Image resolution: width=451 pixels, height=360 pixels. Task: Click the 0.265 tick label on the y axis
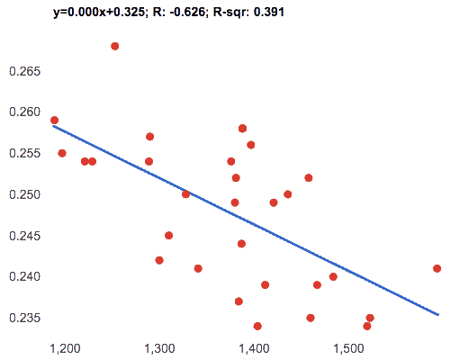[x=24, y=71]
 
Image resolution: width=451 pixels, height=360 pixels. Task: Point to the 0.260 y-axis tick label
[x=24, y=112]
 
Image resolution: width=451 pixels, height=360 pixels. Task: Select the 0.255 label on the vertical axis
[x=24, y=153]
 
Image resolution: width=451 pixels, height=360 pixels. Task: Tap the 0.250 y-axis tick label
[x=24, y=194]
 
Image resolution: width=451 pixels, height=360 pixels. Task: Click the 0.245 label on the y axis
[x=24, y=236]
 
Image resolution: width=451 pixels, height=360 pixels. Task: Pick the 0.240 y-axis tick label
[x=24, y=276]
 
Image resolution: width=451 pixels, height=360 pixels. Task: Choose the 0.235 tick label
[x=24, y=318]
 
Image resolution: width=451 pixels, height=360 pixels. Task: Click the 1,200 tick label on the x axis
[x=65, y=349]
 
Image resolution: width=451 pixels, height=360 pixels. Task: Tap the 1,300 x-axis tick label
[x=159, y=349]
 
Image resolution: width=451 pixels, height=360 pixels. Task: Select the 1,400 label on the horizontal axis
[x=254, y=349]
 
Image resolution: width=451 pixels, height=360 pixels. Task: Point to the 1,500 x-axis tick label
[x=348, y=349]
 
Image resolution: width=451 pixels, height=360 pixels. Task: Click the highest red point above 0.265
[x=115, y=46]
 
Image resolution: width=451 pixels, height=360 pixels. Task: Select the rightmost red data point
[x=437, y=268]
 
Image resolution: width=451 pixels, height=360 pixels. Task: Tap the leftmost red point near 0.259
[x=54, y=121]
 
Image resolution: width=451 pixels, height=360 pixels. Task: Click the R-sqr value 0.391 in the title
[x=269, y=12]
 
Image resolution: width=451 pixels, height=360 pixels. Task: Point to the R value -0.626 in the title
[x=187, y=12]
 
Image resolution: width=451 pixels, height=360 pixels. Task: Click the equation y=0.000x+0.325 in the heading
[x=99, y=13]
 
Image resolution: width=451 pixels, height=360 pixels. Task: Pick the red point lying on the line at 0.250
[x=185, y=194]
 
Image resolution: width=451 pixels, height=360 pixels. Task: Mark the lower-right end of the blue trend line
[x=438, y=315]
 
